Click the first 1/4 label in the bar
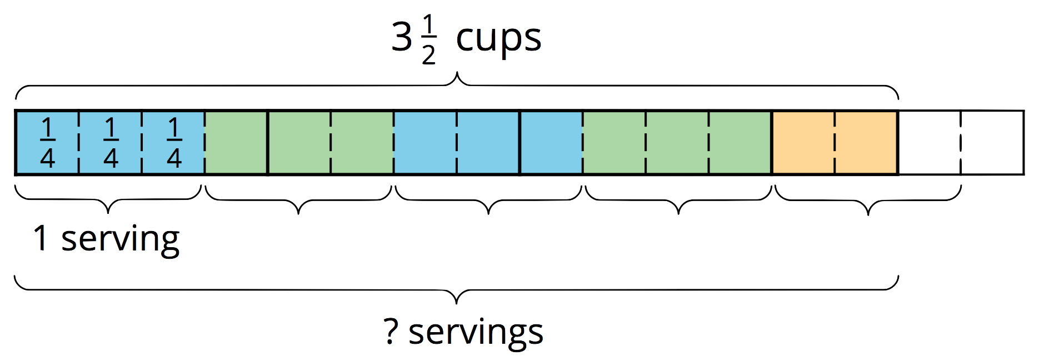click(47, 143)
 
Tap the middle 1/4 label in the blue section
click(111, 143)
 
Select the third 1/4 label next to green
click(174, 143)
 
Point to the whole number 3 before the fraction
click(401, 38)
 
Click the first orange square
click(803, 143)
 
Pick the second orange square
click(866, 143)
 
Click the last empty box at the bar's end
click(992, 143)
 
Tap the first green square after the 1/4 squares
click(237, 143)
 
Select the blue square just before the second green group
click(551, 143)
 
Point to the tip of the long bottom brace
click(457, 303)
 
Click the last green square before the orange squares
click(740, 143)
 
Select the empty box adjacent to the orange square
click(930, 143)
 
